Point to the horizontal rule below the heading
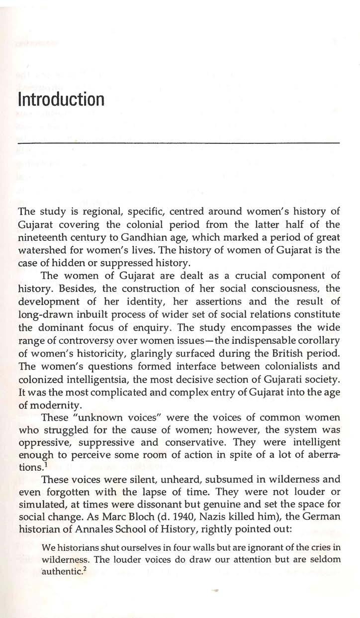178,143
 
